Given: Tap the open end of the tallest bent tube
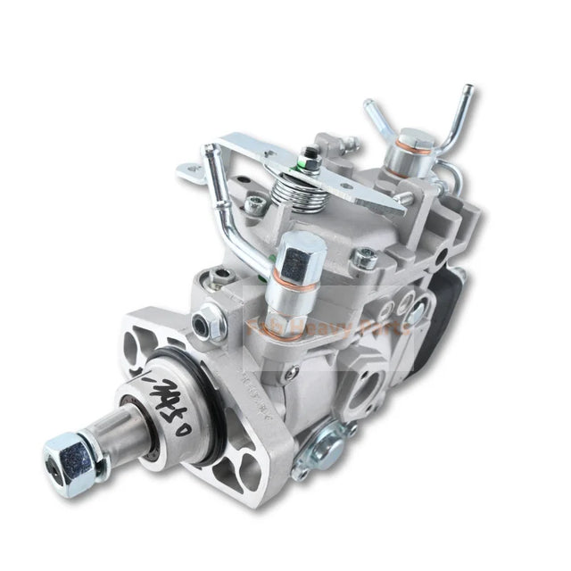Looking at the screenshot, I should (465, 91).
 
